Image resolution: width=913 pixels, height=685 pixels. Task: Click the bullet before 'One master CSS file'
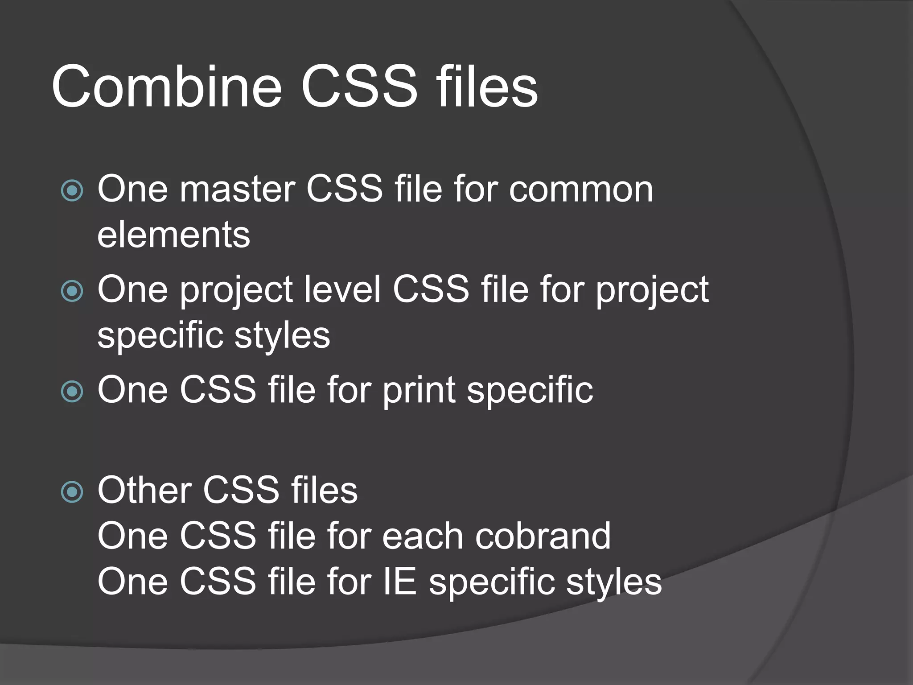(72, 191)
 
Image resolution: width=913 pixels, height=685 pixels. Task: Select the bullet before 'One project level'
(72, 291)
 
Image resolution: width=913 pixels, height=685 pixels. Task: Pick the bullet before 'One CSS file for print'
(72, 392)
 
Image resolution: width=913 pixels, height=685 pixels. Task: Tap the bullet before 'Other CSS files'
(72, 492)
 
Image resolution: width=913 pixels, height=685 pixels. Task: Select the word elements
(174, 235)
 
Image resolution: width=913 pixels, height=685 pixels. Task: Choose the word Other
(144, 490)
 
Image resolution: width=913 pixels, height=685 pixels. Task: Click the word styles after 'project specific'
(282, 336)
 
